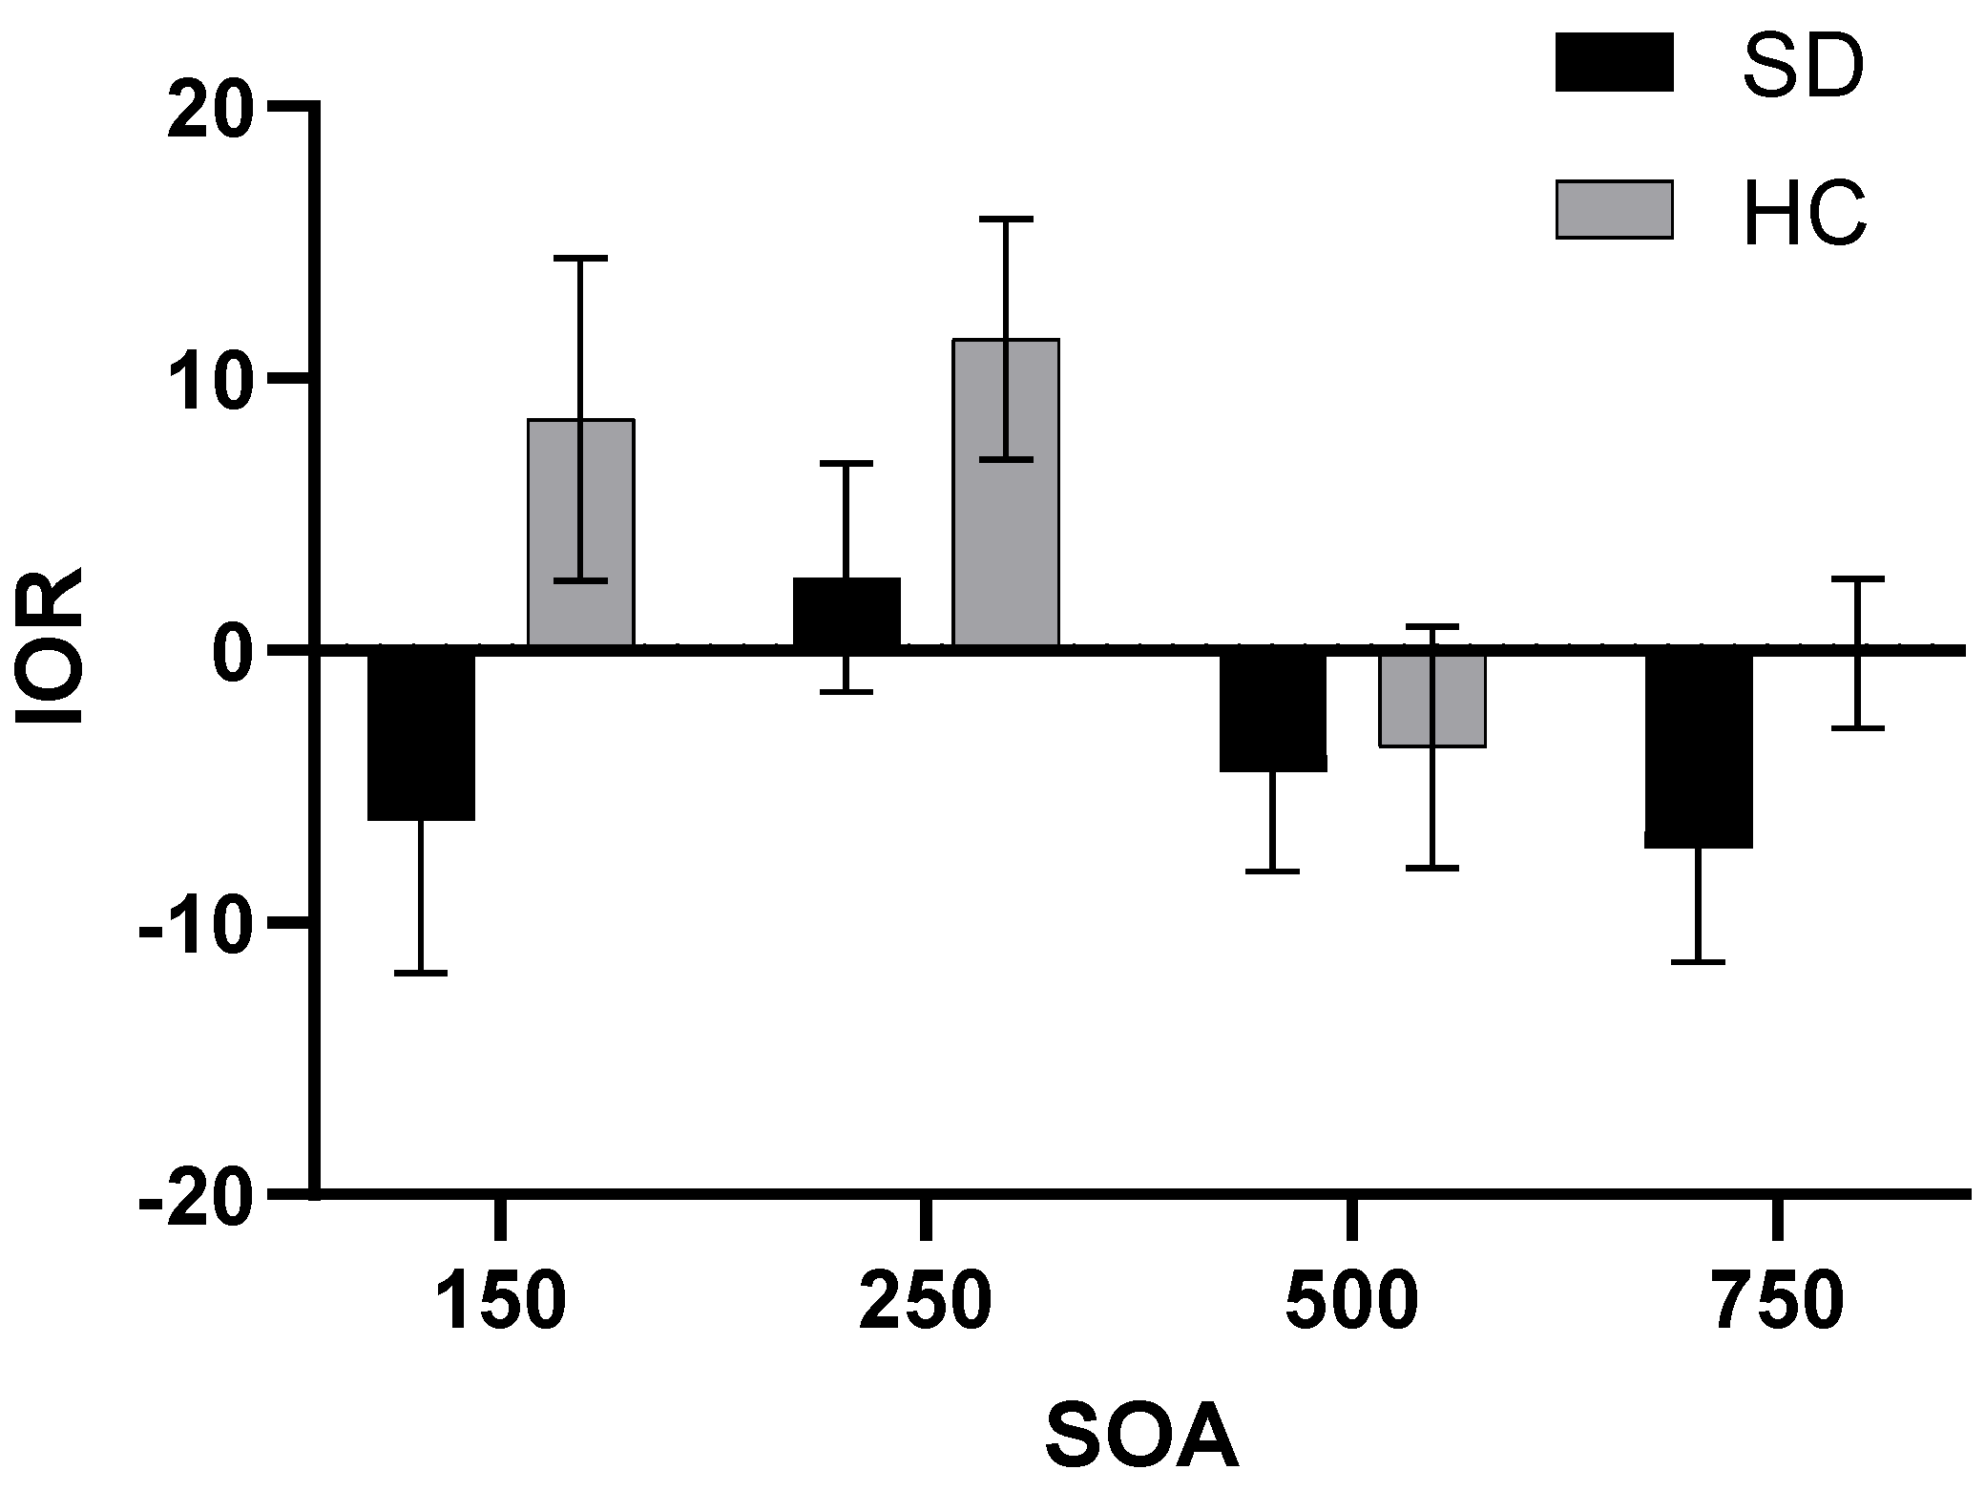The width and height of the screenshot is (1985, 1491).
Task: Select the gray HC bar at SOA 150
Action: (x=580, y=533)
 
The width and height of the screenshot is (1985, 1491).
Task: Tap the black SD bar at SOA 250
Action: (x=846, y=613)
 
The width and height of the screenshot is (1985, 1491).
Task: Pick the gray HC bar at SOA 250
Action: (x=1006, y=493)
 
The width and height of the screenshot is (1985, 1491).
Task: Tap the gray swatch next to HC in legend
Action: (x=1614, y=209)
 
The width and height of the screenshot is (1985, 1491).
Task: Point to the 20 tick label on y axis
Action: (x=213, y=107)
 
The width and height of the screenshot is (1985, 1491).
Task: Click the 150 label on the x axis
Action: (x=501, y=1306)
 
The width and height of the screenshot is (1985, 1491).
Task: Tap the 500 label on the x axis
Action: (x=1351, y=1306)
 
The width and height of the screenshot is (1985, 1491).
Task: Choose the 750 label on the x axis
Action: (x=1778, y=1306)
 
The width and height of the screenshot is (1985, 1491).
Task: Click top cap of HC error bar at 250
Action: (x=1006, y=219)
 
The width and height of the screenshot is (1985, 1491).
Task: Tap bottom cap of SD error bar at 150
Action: (x=421, y=973)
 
